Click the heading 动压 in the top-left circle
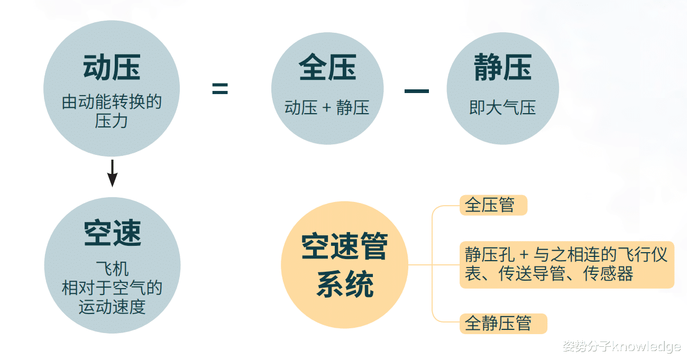[112, 68]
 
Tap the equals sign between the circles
[220, 89]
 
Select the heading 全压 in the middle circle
[327, 67]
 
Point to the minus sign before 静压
[417, 91]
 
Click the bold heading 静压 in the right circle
[503, 67]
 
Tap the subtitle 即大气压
[502, 108]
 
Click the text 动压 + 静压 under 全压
[327, 108]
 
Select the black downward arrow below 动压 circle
[112, 173]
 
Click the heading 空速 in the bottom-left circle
[113, 233]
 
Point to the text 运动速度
[112, 307]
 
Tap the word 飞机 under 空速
[112, 269]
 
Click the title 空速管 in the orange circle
[344, 246]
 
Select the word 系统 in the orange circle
[345, 284]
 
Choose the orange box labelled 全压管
[493, 205]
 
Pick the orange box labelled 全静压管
[503, 324]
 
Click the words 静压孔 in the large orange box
[490, 254]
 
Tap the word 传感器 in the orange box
[608, 273]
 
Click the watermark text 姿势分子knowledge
[621, 346]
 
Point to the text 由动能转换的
[112, 102]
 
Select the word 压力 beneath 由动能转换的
[112, 121]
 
